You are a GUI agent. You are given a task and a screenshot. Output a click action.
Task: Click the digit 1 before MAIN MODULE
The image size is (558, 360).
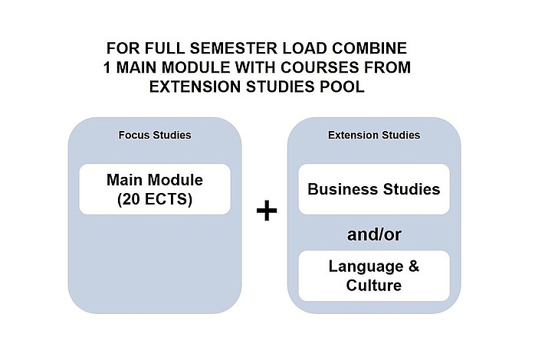107,67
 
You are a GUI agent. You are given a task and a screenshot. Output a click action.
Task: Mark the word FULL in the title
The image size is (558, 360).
165,48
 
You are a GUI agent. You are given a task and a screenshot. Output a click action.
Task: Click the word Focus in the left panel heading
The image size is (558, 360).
134,135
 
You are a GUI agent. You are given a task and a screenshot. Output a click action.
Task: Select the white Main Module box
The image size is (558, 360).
155,189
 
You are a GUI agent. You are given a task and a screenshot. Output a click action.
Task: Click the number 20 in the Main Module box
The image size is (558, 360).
132,199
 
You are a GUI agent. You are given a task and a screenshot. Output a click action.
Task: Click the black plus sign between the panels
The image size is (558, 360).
267,210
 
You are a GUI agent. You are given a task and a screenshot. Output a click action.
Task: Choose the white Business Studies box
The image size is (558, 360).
374,189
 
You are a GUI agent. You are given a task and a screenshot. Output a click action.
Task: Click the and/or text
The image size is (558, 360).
374,235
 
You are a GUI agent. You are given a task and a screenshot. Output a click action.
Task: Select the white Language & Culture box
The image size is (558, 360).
374,276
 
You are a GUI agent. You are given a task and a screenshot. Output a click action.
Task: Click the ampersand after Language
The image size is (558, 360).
414,266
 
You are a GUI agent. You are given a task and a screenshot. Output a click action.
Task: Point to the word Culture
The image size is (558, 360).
374,285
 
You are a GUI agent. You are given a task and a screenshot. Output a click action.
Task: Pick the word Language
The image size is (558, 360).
366,267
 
